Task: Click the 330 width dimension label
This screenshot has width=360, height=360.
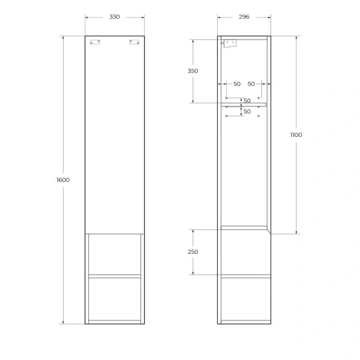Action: click(115, 16)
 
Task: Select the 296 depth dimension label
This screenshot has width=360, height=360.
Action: click(244, 16)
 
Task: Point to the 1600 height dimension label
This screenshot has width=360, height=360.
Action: click(64, 180)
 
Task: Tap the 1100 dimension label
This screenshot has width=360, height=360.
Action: click(296, 135)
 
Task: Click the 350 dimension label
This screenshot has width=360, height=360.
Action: click(193, 71)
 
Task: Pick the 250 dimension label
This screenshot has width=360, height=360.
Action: click(193, 252)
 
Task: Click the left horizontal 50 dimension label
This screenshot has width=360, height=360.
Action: click(236, 84)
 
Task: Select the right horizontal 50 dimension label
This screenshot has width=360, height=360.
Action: click(251, 84)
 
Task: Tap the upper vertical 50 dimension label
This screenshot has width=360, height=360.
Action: click(247, 101)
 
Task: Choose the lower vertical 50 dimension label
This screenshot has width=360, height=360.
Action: click(247, 111)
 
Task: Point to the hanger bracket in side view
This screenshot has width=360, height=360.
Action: click(228, 43)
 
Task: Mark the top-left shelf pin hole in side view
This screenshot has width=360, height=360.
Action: click(226, 97)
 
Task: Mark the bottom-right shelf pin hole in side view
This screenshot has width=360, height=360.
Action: click(259, 116)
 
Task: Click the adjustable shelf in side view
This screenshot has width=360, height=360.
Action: click(243, 104)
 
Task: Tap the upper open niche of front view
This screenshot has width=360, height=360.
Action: click(115, 254)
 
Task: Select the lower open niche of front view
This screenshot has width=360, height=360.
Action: click(115, 298)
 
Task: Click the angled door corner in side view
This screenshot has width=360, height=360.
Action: click(268, 230)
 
